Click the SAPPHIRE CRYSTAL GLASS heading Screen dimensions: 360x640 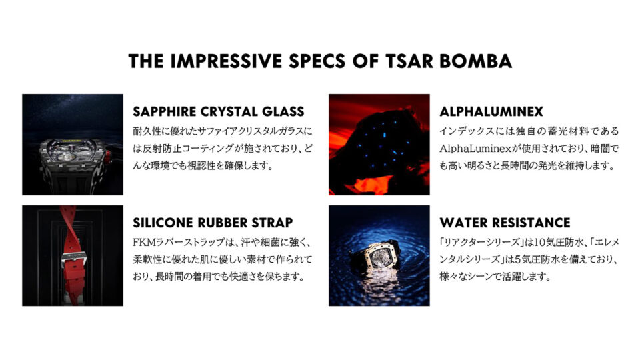click(219, 111)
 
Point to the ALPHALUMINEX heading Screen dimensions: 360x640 click(491, 111)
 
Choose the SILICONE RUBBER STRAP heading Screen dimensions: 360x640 click(213, 222)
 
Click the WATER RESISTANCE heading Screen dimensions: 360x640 click(505, 222)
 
